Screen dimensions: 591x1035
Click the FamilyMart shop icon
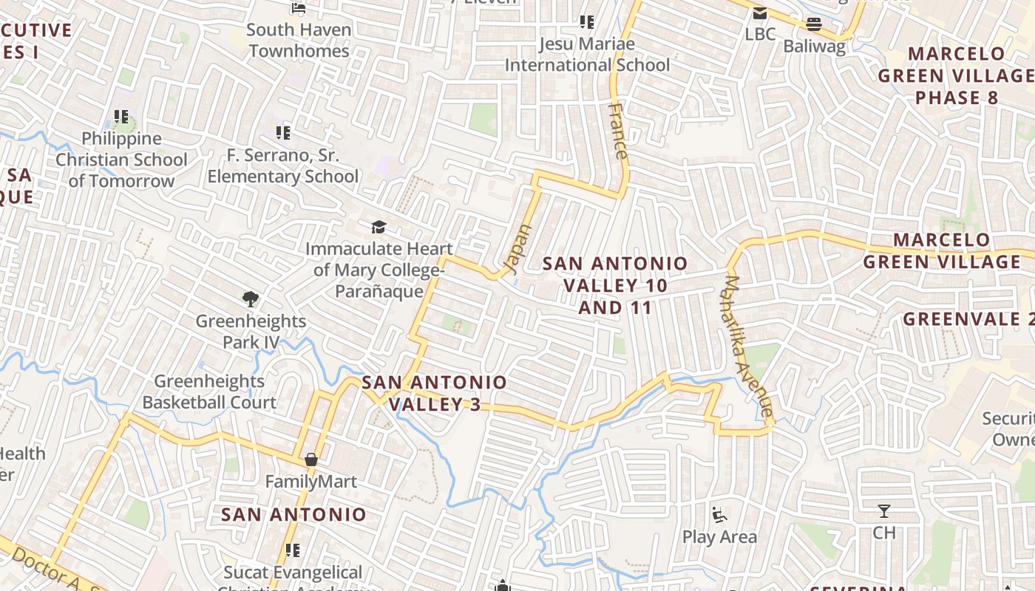click(x=311, y=460)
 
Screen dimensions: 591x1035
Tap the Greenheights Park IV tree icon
click(x=251, y=299)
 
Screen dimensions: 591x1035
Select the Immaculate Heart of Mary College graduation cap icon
click(x=379, y=227)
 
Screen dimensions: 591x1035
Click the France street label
click(x=617, y=131)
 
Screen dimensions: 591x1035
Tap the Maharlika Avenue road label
click(x=749, y=346)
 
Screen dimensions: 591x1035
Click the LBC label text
click(x=760, y=34)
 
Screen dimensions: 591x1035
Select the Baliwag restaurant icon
click(x=814, y=24)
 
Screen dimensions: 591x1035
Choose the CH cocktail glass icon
click(x=883, y=510)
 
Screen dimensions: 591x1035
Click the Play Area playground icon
click(x=719, y=513)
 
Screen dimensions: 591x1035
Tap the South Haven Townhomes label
click(x=299, y=41)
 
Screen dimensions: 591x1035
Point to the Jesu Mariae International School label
click(x=587, y=55)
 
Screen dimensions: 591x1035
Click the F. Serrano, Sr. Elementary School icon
click(x=283, y=133)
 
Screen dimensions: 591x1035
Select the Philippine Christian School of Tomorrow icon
click(x=121, y=117)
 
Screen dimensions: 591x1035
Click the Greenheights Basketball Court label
click(x=209, y=392)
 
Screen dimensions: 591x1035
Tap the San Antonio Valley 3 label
click(x=435, y=393)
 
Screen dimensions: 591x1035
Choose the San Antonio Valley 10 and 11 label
click(x=615, y=285)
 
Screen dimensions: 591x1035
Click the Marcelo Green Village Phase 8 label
click(x=957, y=75)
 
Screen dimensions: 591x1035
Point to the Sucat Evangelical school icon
click(x=293, y=550)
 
